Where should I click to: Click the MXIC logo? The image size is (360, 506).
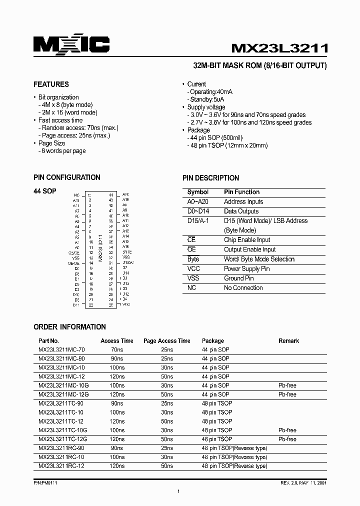71,45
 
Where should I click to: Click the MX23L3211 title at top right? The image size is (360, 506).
279,48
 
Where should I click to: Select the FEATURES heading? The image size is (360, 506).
51,84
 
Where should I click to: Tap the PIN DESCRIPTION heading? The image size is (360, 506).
210,178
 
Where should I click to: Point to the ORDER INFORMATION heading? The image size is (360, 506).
69,327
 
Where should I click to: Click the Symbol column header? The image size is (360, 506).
197,192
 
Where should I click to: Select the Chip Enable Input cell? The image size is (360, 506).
246,240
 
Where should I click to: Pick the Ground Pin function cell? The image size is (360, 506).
238,278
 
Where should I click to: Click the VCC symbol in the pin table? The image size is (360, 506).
193,268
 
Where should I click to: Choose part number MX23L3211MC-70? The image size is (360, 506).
61,349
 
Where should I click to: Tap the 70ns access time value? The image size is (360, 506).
116,349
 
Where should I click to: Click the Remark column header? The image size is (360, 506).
288,341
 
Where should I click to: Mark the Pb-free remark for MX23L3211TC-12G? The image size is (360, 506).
287,439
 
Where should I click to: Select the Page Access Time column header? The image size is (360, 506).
166,341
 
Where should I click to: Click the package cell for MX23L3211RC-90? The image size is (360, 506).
234,448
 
